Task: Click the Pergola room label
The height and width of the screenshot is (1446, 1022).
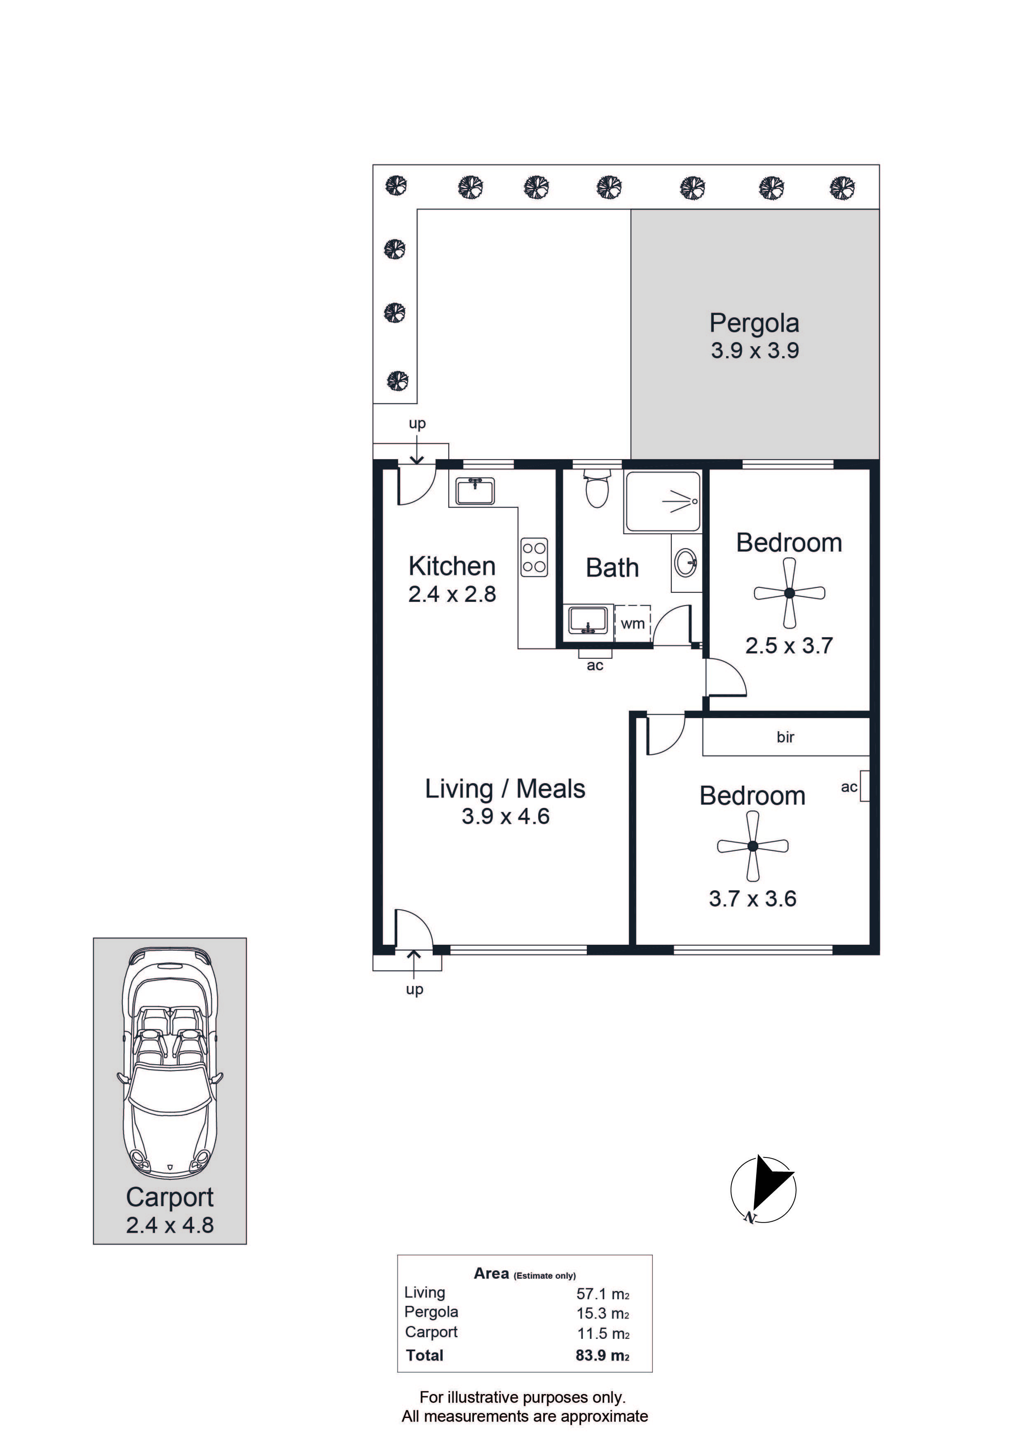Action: [755, 324]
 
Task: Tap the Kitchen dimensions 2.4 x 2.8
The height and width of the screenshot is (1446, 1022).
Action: [452, 594]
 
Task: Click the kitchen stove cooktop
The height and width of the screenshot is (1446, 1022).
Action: [534, 557]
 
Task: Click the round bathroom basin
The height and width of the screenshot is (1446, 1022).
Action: [686, 562]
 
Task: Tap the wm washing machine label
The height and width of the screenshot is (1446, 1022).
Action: [633, 624]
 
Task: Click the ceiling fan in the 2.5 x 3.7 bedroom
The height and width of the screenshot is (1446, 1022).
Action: [790, 593]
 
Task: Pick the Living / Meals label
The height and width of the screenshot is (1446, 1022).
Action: [505, 789]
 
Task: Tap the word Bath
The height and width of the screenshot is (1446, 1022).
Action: [612, 568]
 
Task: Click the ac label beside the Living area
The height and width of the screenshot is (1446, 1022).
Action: [595, 666]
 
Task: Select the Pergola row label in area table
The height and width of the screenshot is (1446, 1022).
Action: [431, 1312]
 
